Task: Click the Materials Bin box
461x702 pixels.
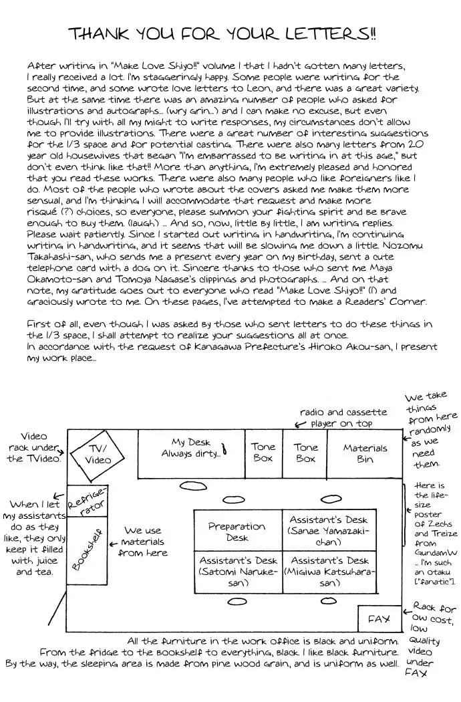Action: (x=365, y=453)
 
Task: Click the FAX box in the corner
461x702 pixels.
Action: (x=379, y=619)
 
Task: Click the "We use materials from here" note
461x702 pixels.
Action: (x=143, y=542)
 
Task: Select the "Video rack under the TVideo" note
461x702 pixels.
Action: (x=33, y=447)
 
